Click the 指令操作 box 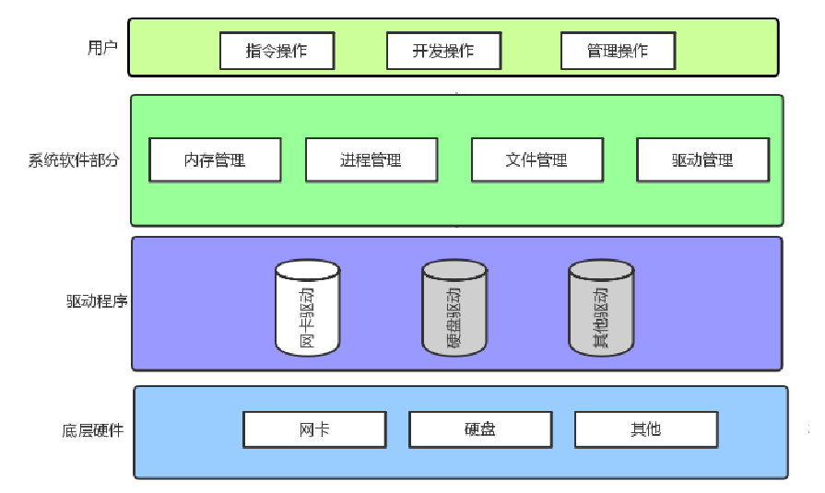click(277, 51)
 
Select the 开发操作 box click(443, 51)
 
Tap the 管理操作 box click(618, 51)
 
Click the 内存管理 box click(215, 159)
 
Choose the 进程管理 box click(371, 159)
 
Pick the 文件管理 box click(536, 159)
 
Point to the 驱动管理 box click(702, 159)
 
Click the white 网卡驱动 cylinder click(308, 313)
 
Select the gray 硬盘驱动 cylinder click(454, 313)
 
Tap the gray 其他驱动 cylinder click(601, 313)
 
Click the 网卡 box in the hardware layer click(314, 429)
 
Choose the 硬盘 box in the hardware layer click(480, 429)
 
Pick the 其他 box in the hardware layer click(646, 429)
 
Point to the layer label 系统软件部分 click(74, 159)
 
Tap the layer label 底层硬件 click(92, 430)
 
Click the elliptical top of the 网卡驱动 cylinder click(308, 270)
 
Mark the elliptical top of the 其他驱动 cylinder click(601, 270)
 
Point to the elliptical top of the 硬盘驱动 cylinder click(454, 270)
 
